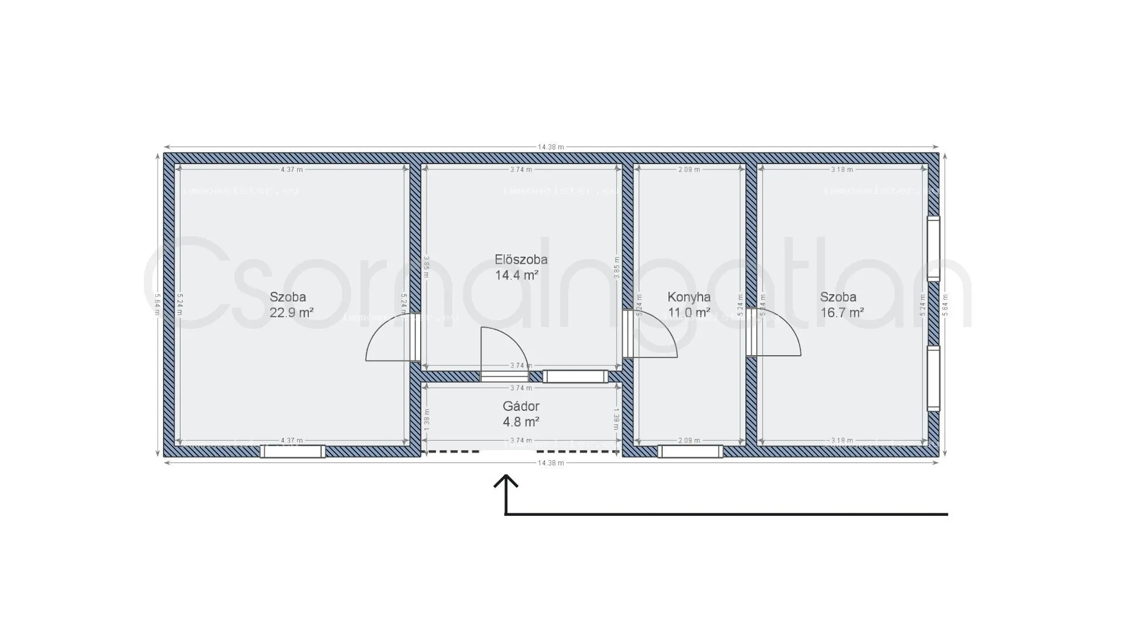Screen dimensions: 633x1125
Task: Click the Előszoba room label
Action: coord(521,259)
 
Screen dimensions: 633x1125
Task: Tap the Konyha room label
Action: coord(688,297)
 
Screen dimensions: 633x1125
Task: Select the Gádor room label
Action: coord(521,406)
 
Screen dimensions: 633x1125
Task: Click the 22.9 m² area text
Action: coord(291,312)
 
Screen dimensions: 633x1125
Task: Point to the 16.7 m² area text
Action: coord(841,312)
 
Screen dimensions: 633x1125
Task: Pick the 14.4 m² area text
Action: coord(516,275)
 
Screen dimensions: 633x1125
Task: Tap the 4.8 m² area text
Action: coord(521,421)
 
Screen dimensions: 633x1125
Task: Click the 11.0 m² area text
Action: coord(688,312)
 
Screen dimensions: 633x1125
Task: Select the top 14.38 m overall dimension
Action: coord(551,147)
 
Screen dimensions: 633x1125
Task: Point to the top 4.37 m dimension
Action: coord(292,169)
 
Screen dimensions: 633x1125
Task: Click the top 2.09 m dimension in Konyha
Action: coord(689,169)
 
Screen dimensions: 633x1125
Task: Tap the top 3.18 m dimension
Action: coord(842,169)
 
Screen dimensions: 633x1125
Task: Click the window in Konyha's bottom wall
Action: coord(690,451)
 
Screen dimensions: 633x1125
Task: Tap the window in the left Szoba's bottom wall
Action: coord(292,451)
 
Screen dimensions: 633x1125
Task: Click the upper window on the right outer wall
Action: coord(933,249)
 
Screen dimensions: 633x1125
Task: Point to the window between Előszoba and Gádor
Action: coord(575,376)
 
